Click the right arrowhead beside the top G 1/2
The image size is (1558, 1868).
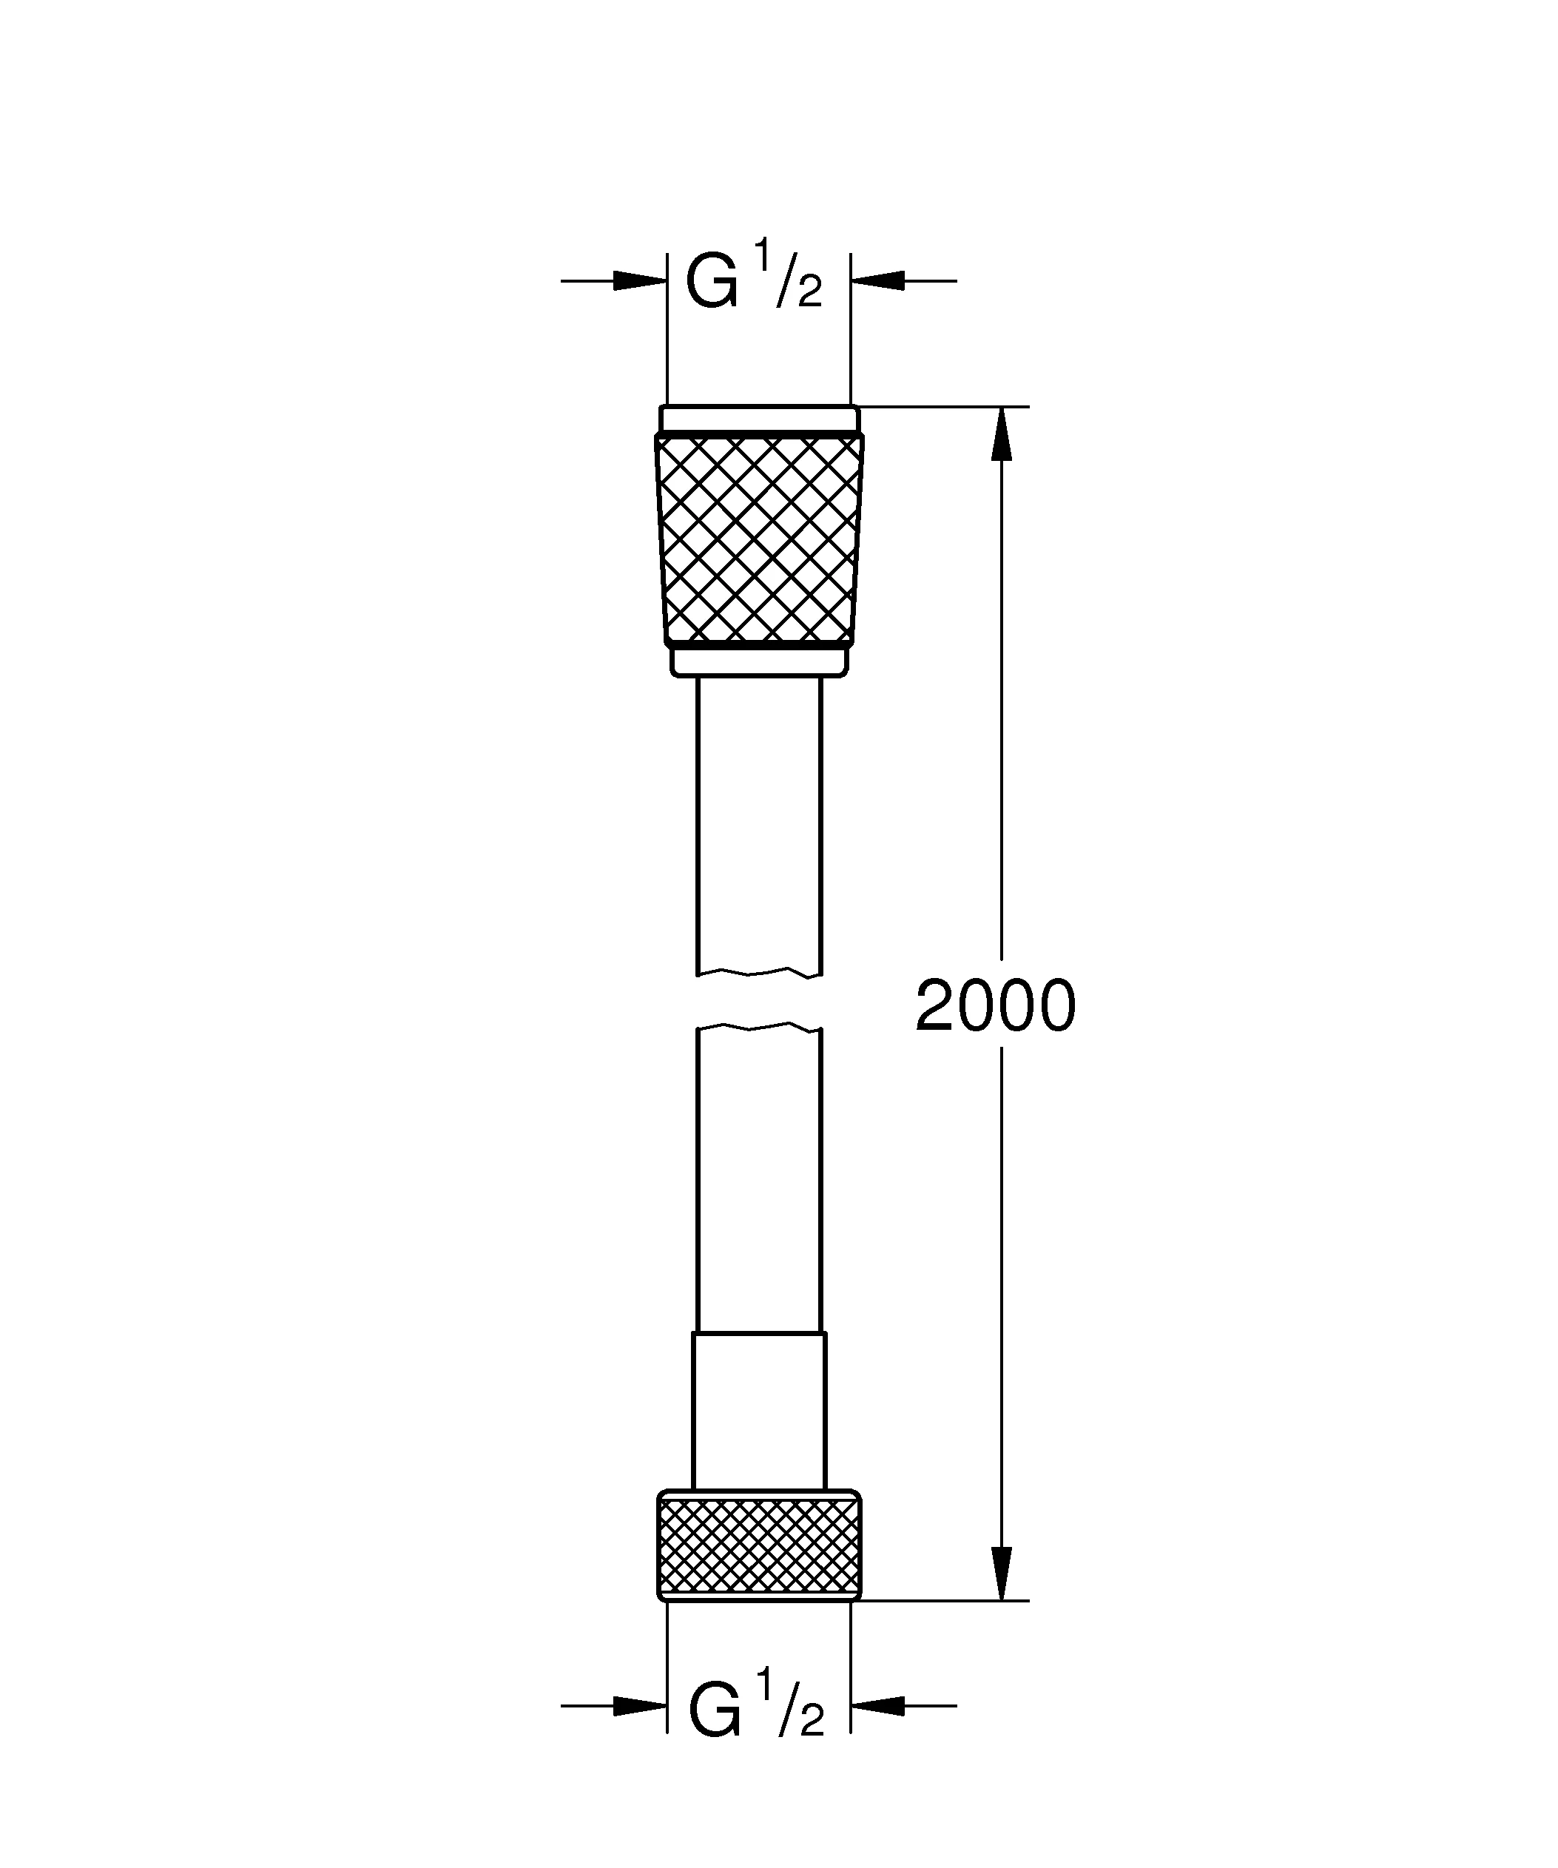tap(877, 281)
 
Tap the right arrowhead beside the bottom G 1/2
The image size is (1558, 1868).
tap(877, 1706)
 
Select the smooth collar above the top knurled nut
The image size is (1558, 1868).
tap(758, 419)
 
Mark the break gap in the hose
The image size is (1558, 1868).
tap(758, 1002)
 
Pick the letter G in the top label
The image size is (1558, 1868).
tap(712, 284)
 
